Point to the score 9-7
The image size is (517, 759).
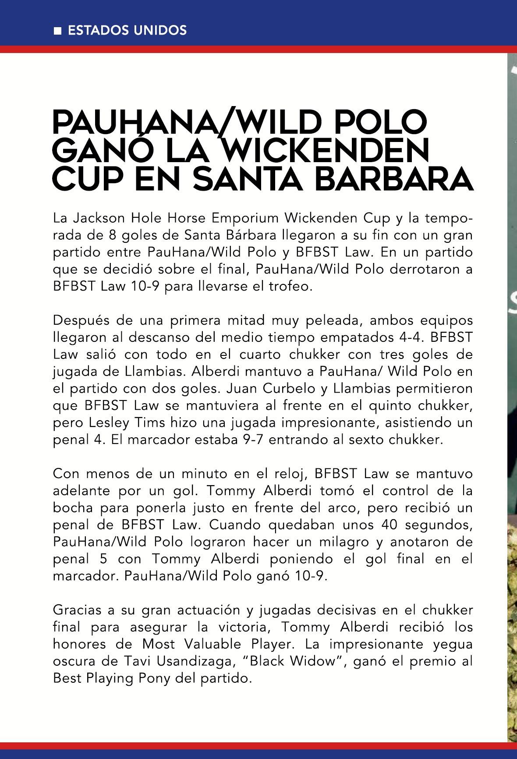253,440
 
